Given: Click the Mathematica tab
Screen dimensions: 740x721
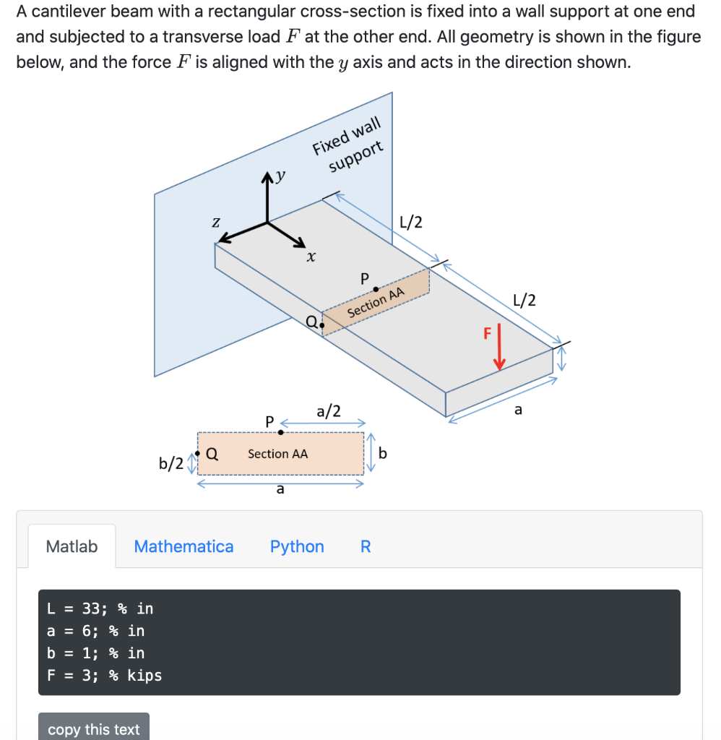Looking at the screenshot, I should [x=184, y=546].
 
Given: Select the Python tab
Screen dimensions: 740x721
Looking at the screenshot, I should [x=297, y=546].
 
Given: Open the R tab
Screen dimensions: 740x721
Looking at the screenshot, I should [x=366, y=546].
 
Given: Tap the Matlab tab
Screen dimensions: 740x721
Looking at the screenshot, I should [x=72, y=546].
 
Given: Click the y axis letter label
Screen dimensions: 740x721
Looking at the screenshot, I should [x=280, y=175].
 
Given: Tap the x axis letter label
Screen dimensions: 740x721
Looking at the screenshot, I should [x=311, y=257].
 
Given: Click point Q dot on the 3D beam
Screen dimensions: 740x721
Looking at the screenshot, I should [x=321, y=326].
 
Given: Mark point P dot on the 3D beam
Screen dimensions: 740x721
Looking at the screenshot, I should [x=376, y=289].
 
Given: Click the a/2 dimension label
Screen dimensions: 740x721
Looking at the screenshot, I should [x=328, y=411].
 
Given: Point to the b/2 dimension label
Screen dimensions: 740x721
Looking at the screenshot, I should [x=170, y=462].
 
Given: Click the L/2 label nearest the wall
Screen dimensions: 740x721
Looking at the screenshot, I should [x=410, y=223].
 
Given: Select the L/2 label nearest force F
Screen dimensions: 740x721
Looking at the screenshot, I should [x=524, y=300].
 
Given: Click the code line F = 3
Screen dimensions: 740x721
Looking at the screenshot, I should [x=105, y=676].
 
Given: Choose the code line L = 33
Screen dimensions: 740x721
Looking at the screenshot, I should [x=100, y=608].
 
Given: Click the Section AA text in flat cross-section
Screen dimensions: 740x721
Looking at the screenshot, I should [x=277, y=454].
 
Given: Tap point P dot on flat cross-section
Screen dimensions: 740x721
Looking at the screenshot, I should [x=281, y=432].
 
